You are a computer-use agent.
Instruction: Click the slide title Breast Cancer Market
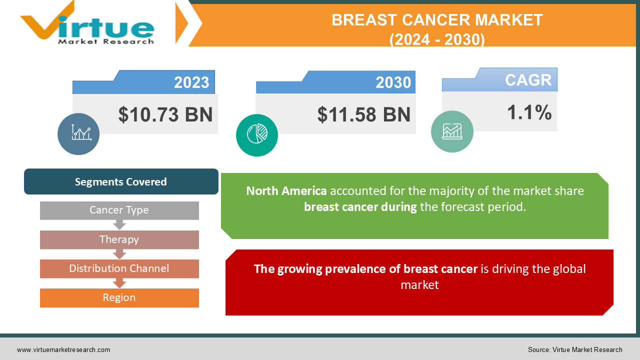click(436, 20)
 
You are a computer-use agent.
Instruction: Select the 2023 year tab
click(191, 82)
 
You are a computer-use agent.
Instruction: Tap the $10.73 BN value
click(165, 114)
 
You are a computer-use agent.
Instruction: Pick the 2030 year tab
click(393, 82)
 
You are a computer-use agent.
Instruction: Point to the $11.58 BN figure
click(363, 114)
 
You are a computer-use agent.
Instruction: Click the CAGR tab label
click(528, 80)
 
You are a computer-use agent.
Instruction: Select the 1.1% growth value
click(529, 112)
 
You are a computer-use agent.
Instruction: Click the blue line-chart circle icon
click(78, 134)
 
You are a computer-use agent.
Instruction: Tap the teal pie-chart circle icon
click(257, 135)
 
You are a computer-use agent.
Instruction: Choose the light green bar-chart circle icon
click(452, 131)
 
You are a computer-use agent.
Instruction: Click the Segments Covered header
click(121, 181)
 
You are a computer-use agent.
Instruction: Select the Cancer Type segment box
click(119, 210)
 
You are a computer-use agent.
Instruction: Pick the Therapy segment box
click(119, 239)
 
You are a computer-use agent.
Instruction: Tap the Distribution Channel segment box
click(119, 268)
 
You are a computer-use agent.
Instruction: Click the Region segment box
click(119, 297)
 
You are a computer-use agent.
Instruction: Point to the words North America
click(286, 191)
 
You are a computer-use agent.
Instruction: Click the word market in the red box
click(419, 285)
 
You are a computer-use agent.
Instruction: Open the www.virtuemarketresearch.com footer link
click(63, 350)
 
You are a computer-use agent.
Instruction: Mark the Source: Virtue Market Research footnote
click(575, 350)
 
